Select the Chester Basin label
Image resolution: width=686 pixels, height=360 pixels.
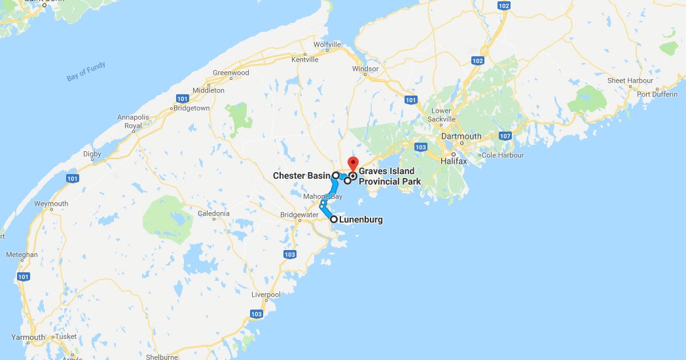tap(302, 175)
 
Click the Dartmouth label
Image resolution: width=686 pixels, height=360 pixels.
tap(461, 136)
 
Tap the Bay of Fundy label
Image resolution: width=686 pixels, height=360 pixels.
tap(86, 72)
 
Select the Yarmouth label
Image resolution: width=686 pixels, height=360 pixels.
tap(27, 338)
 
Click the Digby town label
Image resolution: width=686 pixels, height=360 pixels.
tap(92, 154)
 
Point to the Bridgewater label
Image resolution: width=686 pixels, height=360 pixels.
tap(298, 215)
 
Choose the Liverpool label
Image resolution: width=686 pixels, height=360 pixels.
tap(266, 295)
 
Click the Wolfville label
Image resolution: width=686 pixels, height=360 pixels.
tap(327, 45)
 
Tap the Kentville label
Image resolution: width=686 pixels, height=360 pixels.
tap(304, 60)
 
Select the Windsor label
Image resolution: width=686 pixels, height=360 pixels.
tap(365, 69)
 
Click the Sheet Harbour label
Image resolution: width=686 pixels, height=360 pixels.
tap(630, 81)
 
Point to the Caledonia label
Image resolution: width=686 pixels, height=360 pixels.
tap(213, 213)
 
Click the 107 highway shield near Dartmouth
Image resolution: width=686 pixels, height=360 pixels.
tap(505, 136)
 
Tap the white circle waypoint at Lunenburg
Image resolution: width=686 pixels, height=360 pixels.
tap(334, 219)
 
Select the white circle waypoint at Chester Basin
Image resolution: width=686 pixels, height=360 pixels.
tap(336, 175)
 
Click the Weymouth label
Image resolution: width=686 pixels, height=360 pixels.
tap(52, 204)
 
